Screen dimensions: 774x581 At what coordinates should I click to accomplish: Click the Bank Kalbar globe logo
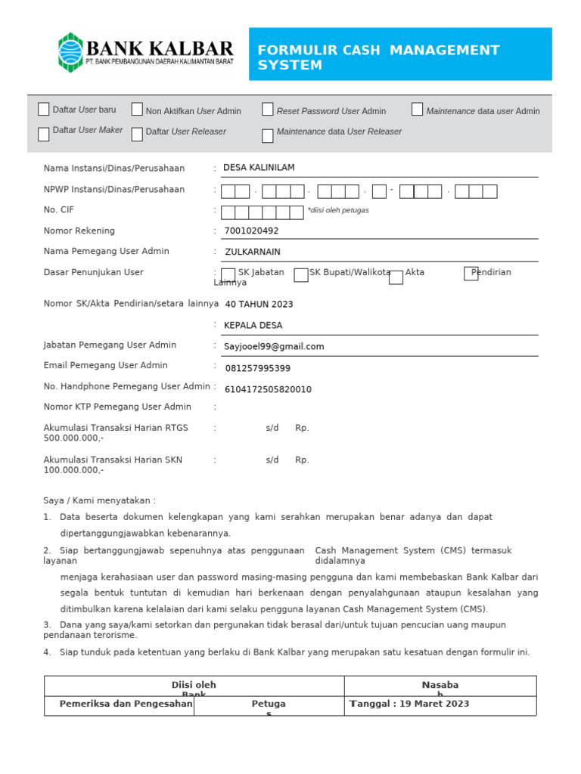click(x=71, y=52)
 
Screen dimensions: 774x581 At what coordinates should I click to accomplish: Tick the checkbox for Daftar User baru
click(x=44, y=109)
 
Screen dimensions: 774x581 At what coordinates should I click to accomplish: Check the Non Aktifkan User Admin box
click(x=137, y=110)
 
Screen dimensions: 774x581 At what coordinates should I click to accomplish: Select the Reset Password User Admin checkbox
click(x=268, y=110)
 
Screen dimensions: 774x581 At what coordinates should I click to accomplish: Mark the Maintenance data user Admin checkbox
click(x=418, y=110)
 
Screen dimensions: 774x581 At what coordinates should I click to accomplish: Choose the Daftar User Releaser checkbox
click(x=137, y=135)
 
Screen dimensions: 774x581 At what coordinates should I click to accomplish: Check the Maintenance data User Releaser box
click(x=268, y=136)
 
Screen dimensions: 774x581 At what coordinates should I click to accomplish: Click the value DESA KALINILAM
click(x=259, y=168)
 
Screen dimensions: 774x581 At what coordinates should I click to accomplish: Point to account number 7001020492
click(x=251, y=231)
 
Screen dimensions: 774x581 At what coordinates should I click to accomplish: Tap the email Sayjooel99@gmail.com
click(x=274, y=347)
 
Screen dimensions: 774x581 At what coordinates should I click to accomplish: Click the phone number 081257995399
click(x=257, y=369)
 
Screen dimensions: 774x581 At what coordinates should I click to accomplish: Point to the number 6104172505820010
click(x=268, y=390)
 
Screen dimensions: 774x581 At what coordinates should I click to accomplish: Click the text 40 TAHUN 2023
click(x=259, y=305)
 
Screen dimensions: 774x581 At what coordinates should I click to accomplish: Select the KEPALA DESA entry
click(x=253, y=326)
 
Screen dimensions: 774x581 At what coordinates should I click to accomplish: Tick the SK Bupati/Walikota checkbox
click(x=301, y=275)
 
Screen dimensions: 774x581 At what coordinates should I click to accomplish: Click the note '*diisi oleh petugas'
click(x=337, y=210)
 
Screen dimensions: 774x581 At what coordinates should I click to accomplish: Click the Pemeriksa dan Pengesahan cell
click(x=119, y=704)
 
